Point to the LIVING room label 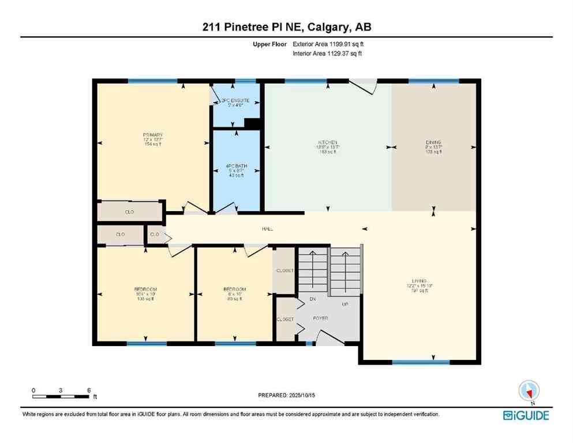click(x=420, y=280)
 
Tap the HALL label click(x=267, y=229)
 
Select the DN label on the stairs click(x=313, y=299)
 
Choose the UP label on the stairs click(x=345, y=303)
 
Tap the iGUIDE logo click(x=526, y=415)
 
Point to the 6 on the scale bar click(x=88, y=390)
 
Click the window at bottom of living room click(x=421, y=362)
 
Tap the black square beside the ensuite click(x=252, y=123)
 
